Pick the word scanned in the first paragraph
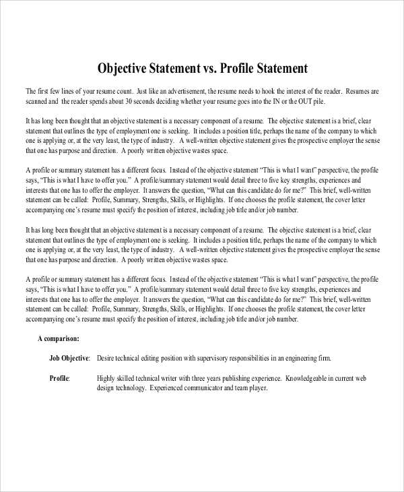[38, 101]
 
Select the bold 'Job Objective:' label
[71, 359]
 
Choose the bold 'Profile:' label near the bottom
[60, 378]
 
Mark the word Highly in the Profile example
[107, 378]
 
